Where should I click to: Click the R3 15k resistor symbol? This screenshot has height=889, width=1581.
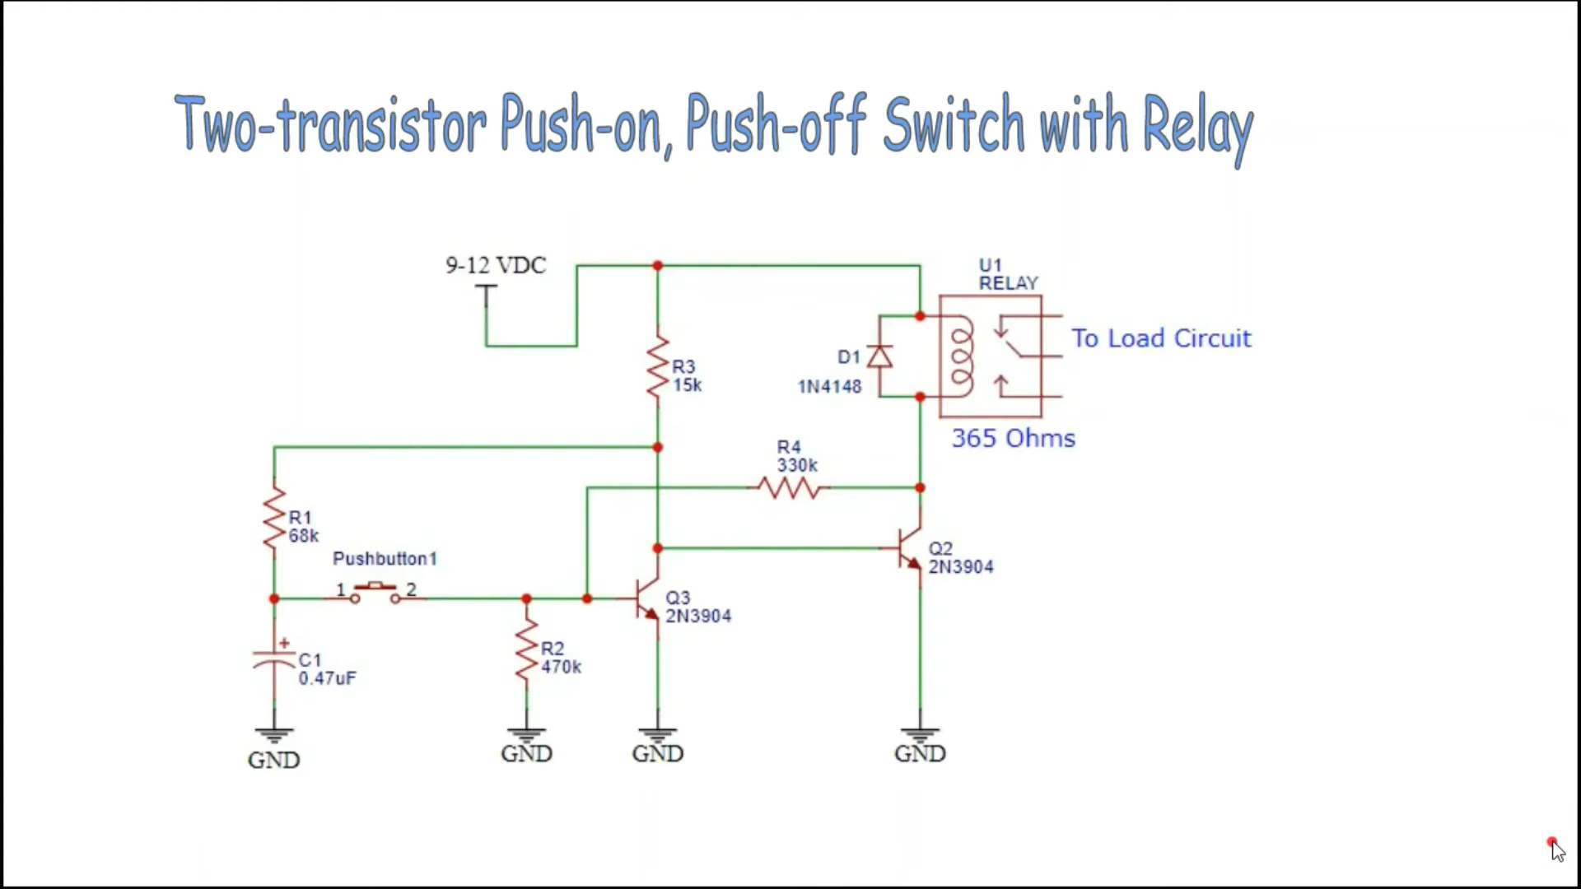tap(658, 367)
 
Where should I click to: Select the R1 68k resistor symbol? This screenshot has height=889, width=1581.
tap(274, 519)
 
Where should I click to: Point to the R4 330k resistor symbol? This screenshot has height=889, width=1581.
tap(789, 488)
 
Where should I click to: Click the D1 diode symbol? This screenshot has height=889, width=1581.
tap(880, 357)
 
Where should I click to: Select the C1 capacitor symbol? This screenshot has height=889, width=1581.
tap(274, 659)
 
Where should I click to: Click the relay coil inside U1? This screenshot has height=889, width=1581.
tap(962, 356)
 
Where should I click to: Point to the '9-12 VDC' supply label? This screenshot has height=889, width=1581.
tap(496, 266)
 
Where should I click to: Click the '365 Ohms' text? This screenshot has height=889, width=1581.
tap(1013, 439)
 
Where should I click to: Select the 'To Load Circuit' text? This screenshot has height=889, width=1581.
tap(1160, 338)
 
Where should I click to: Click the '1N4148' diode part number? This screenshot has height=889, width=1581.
tap(829, 387)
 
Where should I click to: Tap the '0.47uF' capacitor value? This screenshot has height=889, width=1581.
tap(327, 678)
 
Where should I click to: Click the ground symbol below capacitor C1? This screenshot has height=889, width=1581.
tap(274, 735)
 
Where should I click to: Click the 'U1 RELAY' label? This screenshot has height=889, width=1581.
tap(1007, 274)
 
